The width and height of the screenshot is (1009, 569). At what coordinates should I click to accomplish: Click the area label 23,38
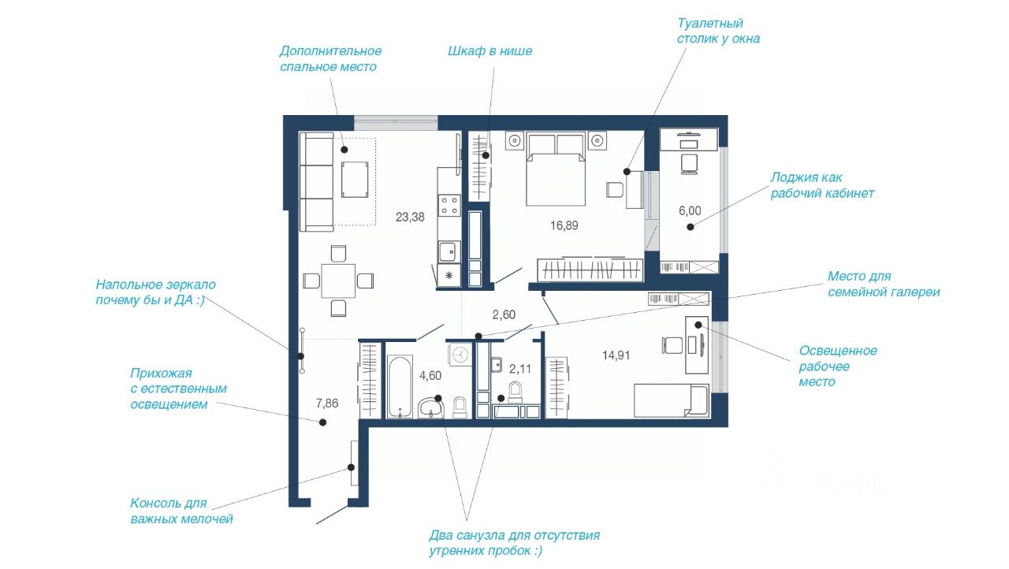point(410,217)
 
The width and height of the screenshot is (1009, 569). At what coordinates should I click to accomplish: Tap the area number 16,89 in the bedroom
point(564,225)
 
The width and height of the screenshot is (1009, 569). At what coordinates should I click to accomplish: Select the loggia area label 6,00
point(690,210)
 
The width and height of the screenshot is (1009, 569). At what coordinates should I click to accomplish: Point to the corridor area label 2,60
point(504,314)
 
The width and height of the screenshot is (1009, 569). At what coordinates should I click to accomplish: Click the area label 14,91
point(616,355)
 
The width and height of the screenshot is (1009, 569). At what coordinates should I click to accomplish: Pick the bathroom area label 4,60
point(430,375)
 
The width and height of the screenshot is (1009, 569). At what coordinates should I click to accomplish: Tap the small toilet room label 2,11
point(519,369)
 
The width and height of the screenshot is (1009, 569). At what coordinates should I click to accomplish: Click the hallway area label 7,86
point(327,404)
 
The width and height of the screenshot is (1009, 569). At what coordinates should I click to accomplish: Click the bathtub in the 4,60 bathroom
point(400,387)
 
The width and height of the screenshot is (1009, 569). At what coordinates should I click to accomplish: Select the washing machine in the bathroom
point(460,355)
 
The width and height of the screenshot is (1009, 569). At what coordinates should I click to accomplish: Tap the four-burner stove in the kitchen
point(450,205)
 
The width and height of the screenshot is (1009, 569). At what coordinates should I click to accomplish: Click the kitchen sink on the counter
point(449,251)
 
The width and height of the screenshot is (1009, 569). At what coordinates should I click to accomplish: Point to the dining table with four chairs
point(338,281)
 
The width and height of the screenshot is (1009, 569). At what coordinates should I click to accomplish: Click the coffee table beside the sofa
point(355,180)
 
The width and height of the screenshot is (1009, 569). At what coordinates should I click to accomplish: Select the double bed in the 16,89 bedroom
point(556,169)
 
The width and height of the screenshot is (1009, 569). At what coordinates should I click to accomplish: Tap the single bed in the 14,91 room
point(672,400)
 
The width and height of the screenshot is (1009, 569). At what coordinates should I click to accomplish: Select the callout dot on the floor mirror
point(300,356)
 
